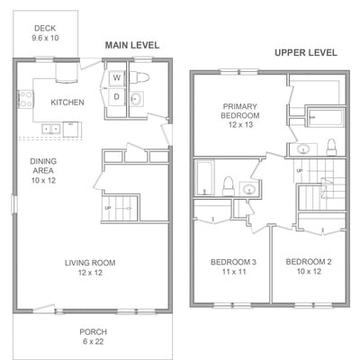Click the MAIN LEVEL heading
point(132,45)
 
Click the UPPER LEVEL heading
point(306,53)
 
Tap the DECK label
point(45,28)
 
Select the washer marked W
point(117,78)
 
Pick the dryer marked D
point(117,96)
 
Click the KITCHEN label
point(67,103)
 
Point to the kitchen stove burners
point(26,99)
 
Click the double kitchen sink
point(51,129)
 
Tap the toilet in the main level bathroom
point(139,77)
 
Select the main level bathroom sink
point(137,98)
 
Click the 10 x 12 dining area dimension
point(43,181)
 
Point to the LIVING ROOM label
point(90,263)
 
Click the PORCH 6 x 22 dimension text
point(94,341)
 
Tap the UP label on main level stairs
point(108,208)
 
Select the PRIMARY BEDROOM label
point(240,111)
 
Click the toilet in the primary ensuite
point(331,148)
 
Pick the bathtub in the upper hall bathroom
point(205,177)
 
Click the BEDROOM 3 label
point(233,262)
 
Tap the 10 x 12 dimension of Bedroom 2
point(309,272)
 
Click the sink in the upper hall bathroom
point(249,189)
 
